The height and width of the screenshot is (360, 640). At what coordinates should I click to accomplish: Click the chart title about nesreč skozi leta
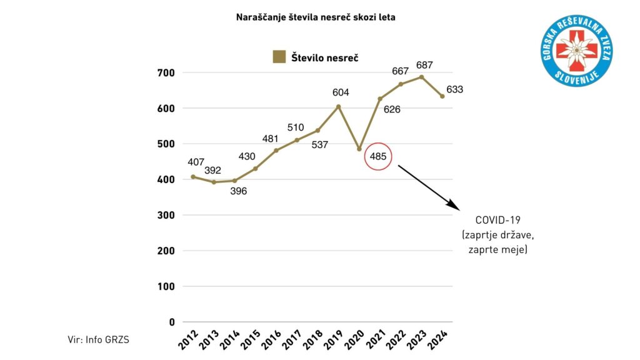(x=316, y=17)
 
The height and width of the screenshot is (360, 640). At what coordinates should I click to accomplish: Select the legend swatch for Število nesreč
(x=279, y=57)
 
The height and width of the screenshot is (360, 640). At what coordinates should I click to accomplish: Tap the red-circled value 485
(x=377, y=156)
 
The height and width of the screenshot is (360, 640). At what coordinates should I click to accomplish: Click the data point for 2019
(x=339, y=106)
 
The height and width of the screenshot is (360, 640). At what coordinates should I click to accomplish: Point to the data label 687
(x=424, y=65)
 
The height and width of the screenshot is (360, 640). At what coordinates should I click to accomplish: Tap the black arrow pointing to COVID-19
(x=428, y=186)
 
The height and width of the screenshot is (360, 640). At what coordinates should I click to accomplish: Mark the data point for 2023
(x=422, y=77)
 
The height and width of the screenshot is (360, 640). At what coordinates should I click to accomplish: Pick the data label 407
(x=196, y=162)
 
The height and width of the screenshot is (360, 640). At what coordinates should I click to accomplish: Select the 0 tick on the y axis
(x=171, y=322)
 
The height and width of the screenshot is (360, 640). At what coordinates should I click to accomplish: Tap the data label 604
(x=341, y=92)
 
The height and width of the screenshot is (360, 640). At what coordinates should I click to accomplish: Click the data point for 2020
(x=359, y=149)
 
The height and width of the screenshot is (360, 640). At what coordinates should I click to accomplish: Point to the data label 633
(x=455, y=89)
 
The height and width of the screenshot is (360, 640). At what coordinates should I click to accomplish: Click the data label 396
(x=238, y=191)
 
